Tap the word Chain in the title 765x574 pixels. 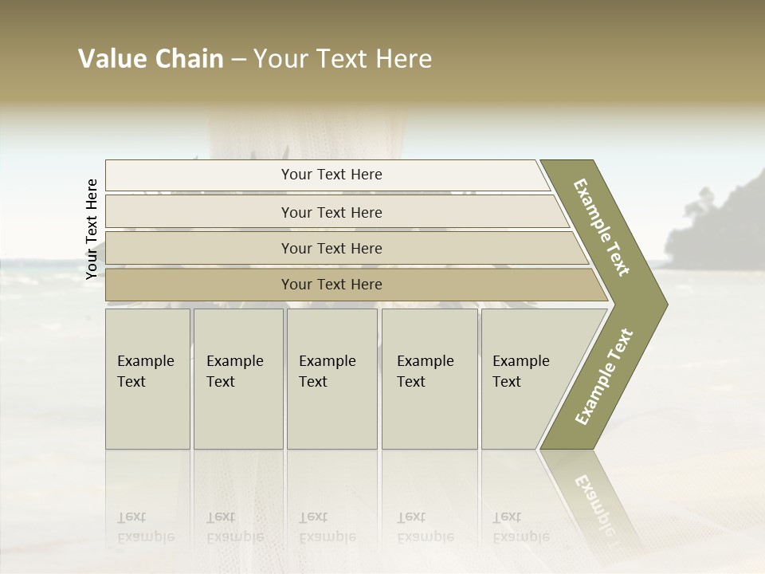point(189,59)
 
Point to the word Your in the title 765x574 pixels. point(277,59)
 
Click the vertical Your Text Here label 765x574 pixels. point(92,230)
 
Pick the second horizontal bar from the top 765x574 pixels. point(331,212)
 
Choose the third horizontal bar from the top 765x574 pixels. point(331,248)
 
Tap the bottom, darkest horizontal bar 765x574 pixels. point(331,285)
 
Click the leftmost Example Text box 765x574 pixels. point(147,379)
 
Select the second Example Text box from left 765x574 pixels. point(237,379)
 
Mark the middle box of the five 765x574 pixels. point(331,379)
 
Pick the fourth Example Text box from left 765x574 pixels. point(430,379)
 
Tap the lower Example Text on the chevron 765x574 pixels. point(604,377)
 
